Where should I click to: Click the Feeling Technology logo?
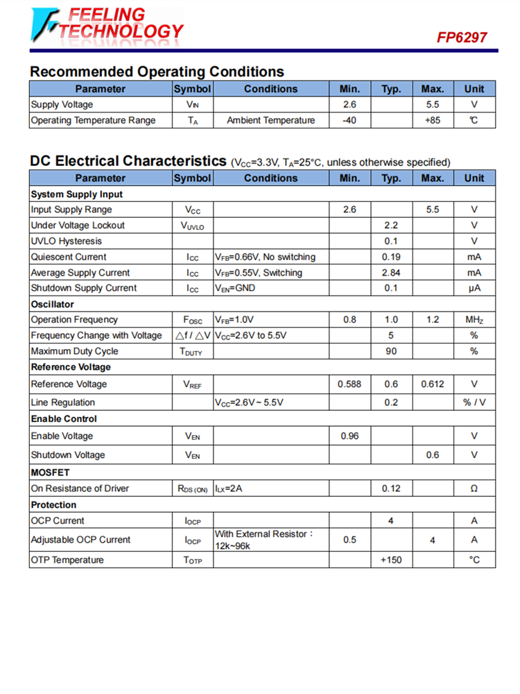pos(108,24)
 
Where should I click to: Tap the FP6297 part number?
pos(462,37)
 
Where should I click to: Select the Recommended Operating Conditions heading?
pos(157,71)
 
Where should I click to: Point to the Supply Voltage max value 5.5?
pos(433,105)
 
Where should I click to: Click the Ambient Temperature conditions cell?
pos(270,121)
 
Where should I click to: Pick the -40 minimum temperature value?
pos(349,121)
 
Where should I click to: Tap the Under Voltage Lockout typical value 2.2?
pos(391,226)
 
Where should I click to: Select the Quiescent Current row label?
pos(69,257)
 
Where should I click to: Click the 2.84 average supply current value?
pos(391,273)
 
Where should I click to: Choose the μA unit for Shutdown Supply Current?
pos(474,288)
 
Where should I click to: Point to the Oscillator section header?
pos(53,304)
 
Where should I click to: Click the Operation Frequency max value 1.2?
pos(433,320)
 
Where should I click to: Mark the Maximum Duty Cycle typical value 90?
pos(391,351)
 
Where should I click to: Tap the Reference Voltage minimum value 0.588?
pos(349,384)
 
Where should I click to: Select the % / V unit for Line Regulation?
pos(474,403)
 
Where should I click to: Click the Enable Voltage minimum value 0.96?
pos(349,437)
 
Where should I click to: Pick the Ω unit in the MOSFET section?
pos(474,489)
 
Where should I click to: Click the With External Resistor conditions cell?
pos(264,540)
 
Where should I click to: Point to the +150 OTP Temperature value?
pos(391,560)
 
